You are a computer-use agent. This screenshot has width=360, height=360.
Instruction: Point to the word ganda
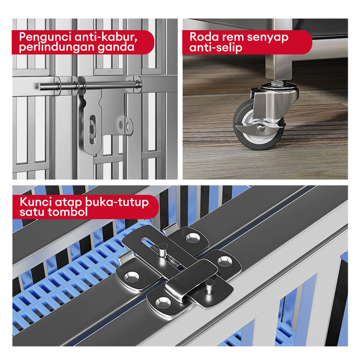pyautogui.click(x=116, y=48)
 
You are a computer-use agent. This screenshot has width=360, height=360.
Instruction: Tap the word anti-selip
pyautogui.click(x=216, y=48)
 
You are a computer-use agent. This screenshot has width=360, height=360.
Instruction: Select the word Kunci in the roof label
pyautogui.click(x=36, y=202)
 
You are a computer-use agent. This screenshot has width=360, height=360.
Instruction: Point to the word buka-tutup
pyautogui.click(x=117, y=202)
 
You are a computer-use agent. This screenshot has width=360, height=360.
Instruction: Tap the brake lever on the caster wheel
pyautogui.click(x=260, y=126)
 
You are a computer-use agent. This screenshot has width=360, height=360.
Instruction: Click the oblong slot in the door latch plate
pyautogui.click(x=92, y=130)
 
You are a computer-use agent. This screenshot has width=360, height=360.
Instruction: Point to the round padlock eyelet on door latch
pyautogui.click(x=129, y=126)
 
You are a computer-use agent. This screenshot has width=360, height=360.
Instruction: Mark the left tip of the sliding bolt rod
pyautogui.click(x=39, y=87)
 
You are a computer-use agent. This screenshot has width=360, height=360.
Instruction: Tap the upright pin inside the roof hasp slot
pyautogui.click(x=162, y=250)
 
